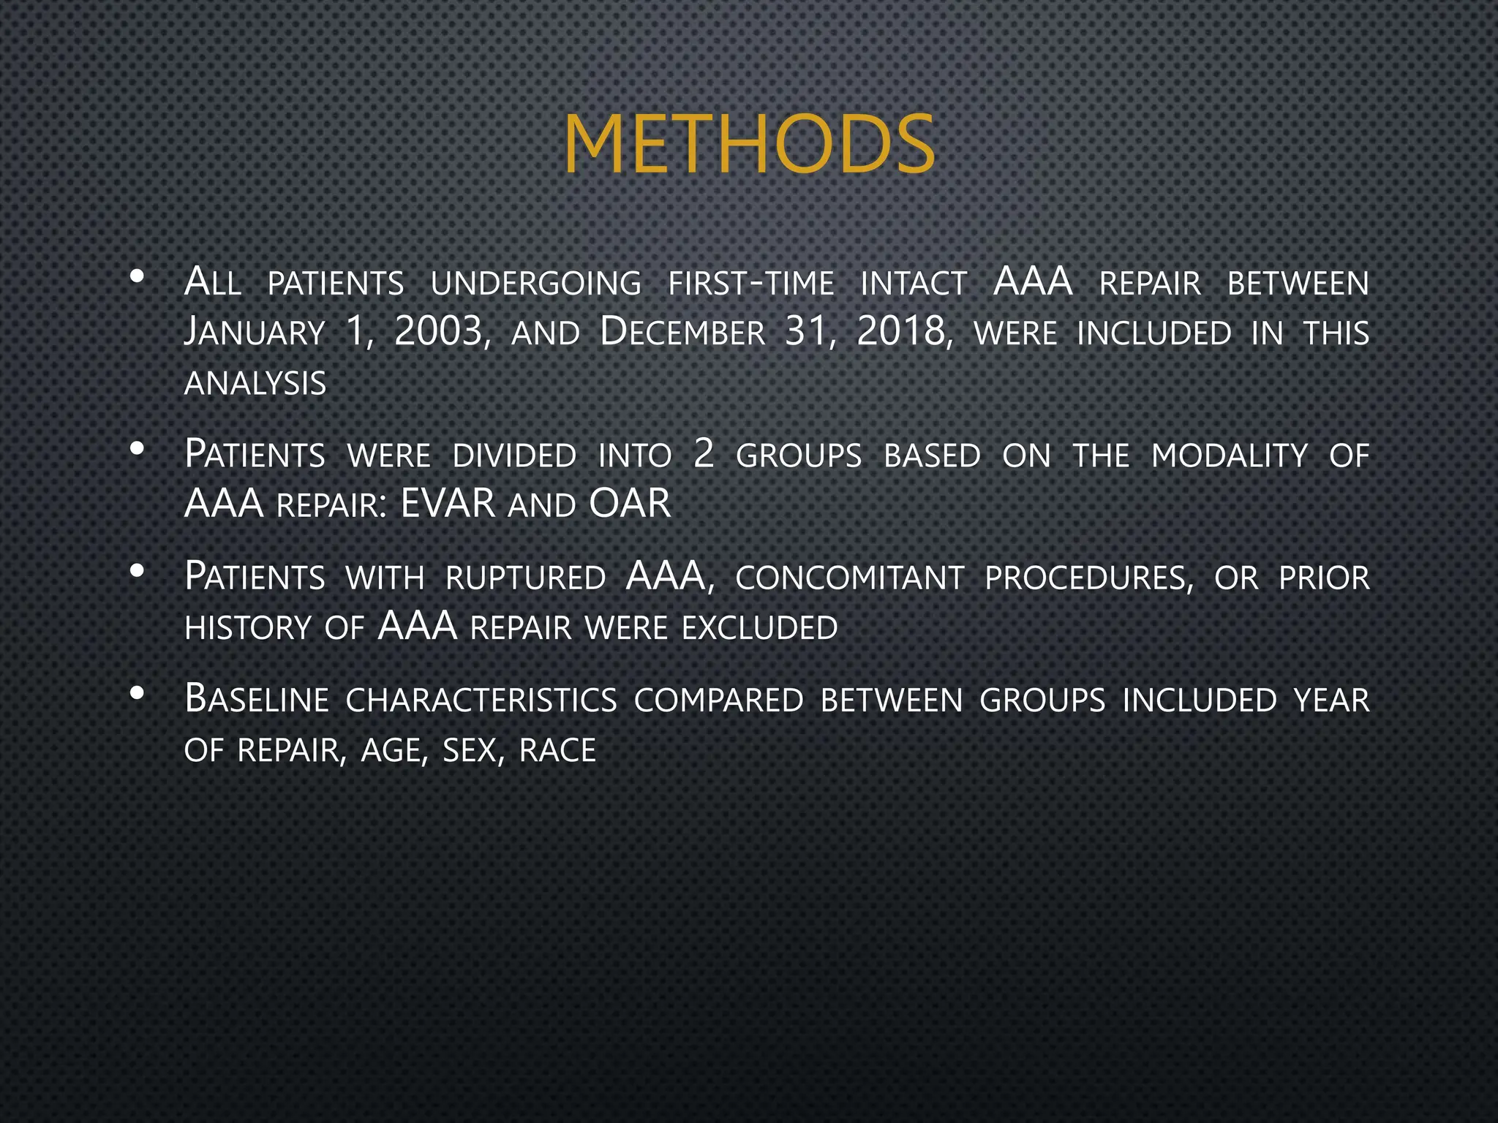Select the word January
pos(254,333)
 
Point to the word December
pos(682,333)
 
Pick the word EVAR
pos(448,504)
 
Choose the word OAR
pos(630,504)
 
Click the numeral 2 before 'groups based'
pos(704,454)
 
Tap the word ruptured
pos(525,578)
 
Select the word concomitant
pos(849,578)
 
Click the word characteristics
pos(481,700)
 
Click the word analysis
pos(255,384)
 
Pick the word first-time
pos(750,284)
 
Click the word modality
pos(1229,455)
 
